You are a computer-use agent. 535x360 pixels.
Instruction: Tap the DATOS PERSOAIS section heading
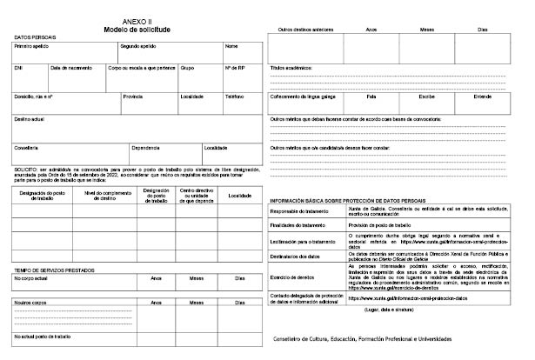coord(31,37)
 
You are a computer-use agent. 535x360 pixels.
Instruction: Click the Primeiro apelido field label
coord(31,46)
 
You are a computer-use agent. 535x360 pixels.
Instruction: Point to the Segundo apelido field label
coord(137,46)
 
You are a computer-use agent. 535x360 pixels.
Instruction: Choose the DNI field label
coord(18,67)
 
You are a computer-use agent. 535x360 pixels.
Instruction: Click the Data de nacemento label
coord(70,67)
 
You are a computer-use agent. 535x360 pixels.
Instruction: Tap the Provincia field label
coord(133,96)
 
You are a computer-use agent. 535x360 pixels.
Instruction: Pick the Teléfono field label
coord(235,96)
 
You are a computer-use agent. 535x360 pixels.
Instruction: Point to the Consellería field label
coord(26,147)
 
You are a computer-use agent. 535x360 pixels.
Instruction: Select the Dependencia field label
coord(145,147)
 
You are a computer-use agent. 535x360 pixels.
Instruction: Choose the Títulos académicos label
coord(293,67)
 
